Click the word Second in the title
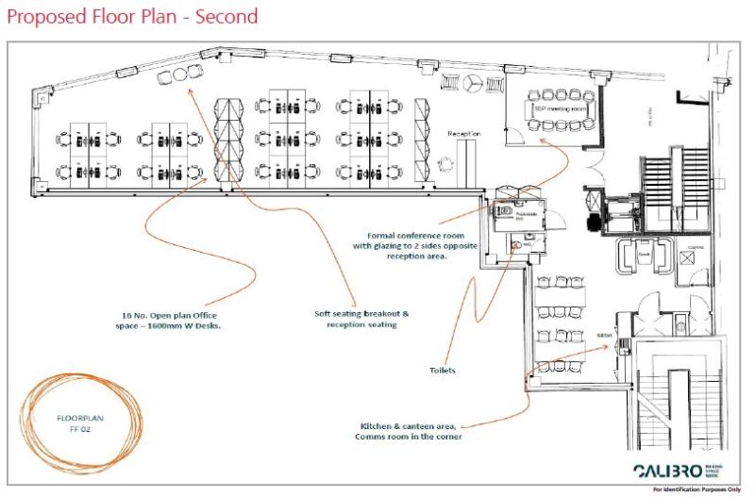(x=226, y=17)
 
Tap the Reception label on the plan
(x=463, y=134)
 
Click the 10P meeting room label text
(x=560, y=109)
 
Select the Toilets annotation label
(x=442, y=371)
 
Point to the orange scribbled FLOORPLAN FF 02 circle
(x=83, y=419)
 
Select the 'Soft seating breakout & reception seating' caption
(x=361, y=319)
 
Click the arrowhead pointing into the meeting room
(x=542, y=140)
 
